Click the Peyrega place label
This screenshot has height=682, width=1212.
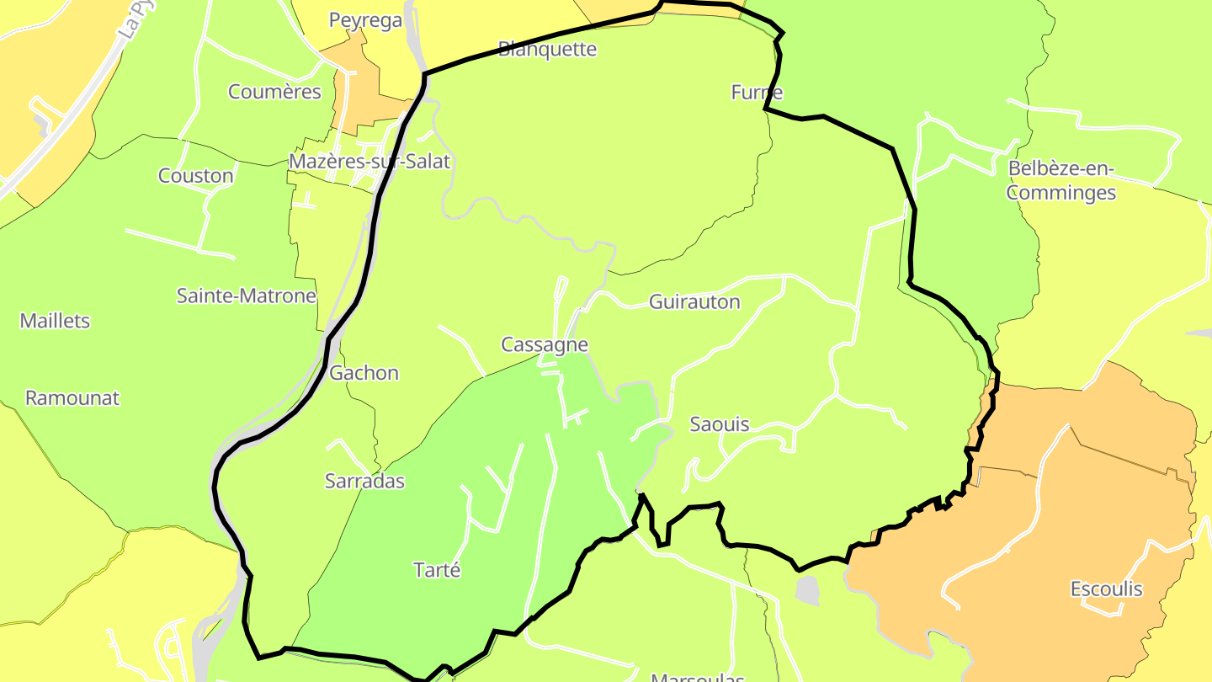(365, 20)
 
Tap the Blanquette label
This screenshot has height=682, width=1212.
(547, 49)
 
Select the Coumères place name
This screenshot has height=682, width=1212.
(274, 92)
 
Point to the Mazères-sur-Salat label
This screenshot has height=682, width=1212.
(369, 161)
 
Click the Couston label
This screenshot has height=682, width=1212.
(195, 176)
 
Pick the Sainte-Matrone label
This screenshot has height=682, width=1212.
(246, 296)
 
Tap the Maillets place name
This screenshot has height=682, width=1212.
(55, 321)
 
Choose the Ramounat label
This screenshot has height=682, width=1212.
(72, 398)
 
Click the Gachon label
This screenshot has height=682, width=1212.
(364, 373)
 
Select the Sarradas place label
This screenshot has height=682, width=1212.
(364, 482)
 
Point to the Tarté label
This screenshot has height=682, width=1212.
(438, 570)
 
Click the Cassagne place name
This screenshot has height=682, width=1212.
(544, 344)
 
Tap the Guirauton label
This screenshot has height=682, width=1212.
(694, 301)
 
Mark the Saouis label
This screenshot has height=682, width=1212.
(719, 424)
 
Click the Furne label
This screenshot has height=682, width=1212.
(757, 93)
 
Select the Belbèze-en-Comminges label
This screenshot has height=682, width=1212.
(1060, 181)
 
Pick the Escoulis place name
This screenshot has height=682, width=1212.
(1106, 589)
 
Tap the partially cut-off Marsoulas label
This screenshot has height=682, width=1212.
(698, 676)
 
